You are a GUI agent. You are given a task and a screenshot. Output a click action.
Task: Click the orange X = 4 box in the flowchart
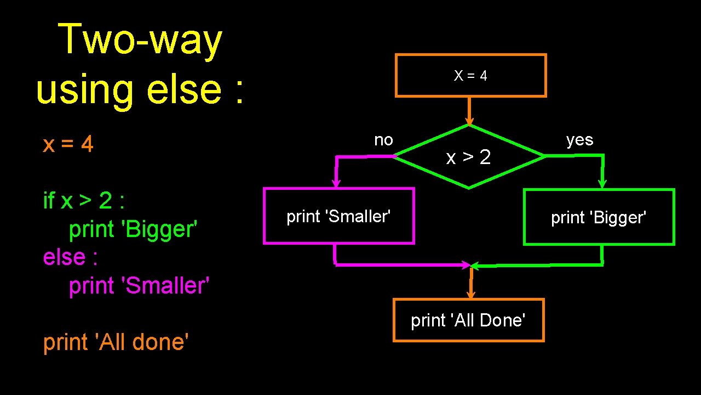[x=470, y=76]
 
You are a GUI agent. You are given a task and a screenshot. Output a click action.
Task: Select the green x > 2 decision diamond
[x=469, y=157]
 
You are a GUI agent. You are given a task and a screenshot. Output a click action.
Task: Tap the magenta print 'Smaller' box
[x=338, y=216]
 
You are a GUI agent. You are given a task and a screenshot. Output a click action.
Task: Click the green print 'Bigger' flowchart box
[x=599, y=217]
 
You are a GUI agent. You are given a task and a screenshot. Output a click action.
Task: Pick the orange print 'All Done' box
[x=468, y=320]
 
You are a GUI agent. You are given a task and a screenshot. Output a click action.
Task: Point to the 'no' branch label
[x=383, y=140]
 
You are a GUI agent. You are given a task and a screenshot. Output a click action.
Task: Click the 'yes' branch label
[x=579, y=140]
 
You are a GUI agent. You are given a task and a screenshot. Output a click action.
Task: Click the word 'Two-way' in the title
[x=140, y=39]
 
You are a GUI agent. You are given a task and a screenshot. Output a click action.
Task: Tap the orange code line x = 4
[x=68, y=145]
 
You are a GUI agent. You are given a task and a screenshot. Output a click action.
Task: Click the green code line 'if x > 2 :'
[x=84, y=201]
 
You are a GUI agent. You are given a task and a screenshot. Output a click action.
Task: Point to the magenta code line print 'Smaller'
[x=139, y=285]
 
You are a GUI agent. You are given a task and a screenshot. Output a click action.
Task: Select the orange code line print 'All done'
[x=116, y=342]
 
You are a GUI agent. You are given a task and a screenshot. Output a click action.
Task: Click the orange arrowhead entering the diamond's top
[x=469, y=121]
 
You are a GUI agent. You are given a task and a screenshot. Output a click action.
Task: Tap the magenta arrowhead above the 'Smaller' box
[x=336, y=183]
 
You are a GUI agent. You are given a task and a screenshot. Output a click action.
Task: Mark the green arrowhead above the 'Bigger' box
[x=602, y=184]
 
